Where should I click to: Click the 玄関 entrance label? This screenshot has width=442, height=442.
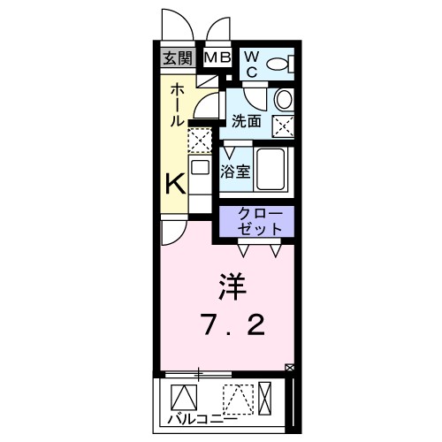177,58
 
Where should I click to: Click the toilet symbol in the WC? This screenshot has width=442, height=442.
280,63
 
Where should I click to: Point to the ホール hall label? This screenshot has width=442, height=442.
177,104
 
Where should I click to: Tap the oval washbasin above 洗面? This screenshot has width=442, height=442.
284,97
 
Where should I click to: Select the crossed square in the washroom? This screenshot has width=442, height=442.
284,126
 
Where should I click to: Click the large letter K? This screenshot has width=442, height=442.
177,184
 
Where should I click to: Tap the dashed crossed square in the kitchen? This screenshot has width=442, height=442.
201,140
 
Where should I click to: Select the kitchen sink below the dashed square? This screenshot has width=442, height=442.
201,169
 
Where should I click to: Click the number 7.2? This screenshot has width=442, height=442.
232,327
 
